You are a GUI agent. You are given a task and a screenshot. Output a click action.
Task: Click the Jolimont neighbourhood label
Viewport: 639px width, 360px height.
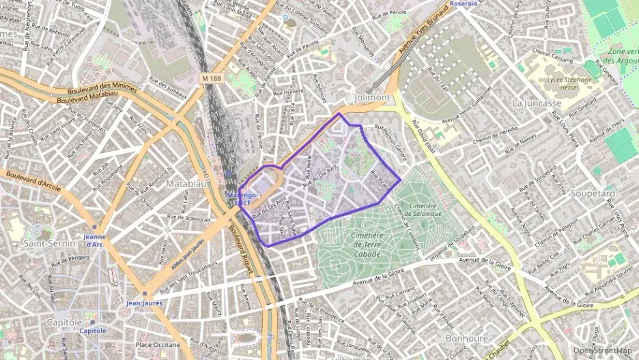[x=372, y=98]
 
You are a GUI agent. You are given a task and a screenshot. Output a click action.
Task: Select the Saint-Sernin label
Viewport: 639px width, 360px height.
[x=44, y=243]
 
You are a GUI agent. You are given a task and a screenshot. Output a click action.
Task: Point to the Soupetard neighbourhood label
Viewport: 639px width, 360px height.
[x=592, y=193]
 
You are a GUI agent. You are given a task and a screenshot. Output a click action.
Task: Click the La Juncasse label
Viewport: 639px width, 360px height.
[x=536, y=102]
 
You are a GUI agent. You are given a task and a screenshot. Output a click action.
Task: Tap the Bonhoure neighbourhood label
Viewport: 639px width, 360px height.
[x=466, y=338]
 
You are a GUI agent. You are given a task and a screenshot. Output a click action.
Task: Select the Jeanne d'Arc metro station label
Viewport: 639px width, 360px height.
[x=94, y=240]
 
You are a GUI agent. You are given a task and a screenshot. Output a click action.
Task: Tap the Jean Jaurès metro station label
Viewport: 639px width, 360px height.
[x=143, y=303]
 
